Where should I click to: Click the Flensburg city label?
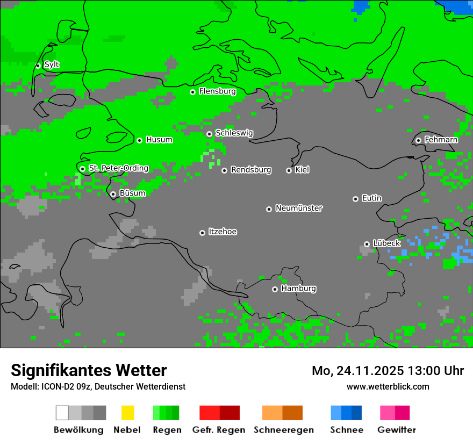pos(217,91)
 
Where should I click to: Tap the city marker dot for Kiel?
pos(289,170)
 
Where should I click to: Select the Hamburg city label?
pos(298,289)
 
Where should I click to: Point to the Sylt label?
pos(52,65)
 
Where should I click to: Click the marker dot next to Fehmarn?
pos(418,140)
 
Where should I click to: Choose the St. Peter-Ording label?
pos(118,168)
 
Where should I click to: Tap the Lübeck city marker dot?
pos(367,244)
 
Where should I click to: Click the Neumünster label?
pos(299,208)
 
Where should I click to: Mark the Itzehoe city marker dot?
pos(202,233)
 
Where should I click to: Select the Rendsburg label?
pos(251,170)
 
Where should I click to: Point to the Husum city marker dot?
pos(139,140)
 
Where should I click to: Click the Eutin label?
pos(371,198)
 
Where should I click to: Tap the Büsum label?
pos(132,193)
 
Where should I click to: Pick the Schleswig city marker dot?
pos(209,134)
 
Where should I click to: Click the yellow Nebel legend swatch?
pos(127,413)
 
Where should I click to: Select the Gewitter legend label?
pos(396,430)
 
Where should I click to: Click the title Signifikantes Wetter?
pos(89,370)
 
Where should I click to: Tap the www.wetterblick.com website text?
pos(388,386)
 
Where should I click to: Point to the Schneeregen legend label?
pos(283,430)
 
